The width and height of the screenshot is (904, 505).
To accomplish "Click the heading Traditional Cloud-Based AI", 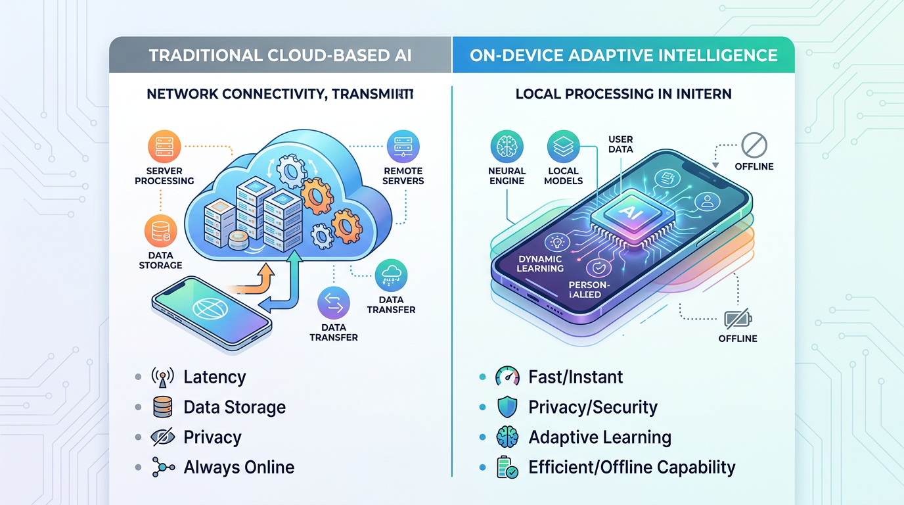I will point(281,55).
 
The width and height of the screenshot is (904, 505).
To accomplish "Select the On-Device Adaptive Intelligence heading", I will point(623,55).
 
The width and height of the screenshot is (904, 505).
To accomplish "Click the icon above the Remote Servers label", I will point(403,147).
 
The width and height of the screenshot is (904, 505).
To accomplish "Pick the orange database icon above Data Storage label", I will point(160,231).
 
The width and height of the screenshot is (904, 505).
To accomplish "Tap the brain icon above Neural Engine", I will point(507,147).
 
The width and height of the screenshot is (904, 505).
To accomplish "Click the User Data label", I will point(620,144).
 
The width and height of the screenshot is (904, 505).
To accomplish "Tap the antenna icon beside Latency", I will point(162,377).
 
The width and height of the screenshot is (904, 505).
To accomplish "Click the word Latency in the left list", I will point(215,377).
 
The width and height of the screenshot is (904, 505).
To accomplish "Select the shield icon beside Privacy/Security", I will point(507,407).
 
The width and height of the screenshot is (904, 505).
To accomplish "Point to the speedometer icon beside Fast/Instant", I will point(507,377).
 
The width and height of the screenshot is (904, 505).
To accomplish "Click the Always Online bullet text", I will point(238,468).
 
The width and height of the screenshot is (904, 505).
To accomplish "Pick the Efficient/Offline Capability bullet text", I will point(631,468).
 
